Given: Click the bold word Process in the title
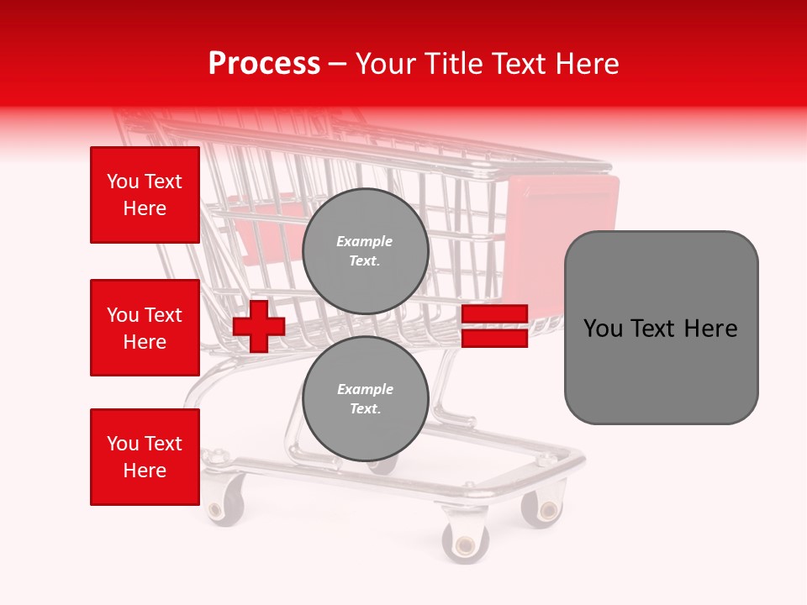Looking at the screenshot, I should tap(264, 63).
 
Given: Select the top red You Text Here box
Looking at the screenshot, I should tap(145, 195).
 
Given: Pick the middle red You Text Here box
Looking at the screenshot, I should tap(145, 328).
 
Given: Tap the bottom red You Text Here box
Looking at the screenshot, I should tap(145, 457).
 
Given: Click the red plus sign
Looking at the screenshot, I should tap(258, 326).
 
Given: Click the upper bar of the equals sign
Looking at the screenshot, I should tap(494, 314).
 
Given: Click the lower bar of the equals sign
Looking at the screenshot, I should tap(494, 339).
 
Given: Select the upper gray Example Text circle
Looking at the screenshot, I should tap(365, 251).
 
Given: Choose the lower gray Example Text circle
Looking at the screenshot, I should tap(365, 399).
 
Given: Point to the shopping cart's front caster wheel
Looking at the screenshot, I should tap(467, 541).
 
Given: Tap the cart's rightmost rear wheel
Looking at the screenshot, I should tap(543, 508).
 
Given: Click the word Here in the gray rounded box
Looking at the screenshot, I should tap(711, 329).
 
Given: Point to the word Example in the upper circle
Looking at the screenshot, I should tap(365, 242).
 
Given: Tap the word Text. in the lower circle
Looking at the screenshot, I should tap(365, 409).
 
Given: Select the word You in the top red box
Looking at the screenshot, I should tap(123, 181).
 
